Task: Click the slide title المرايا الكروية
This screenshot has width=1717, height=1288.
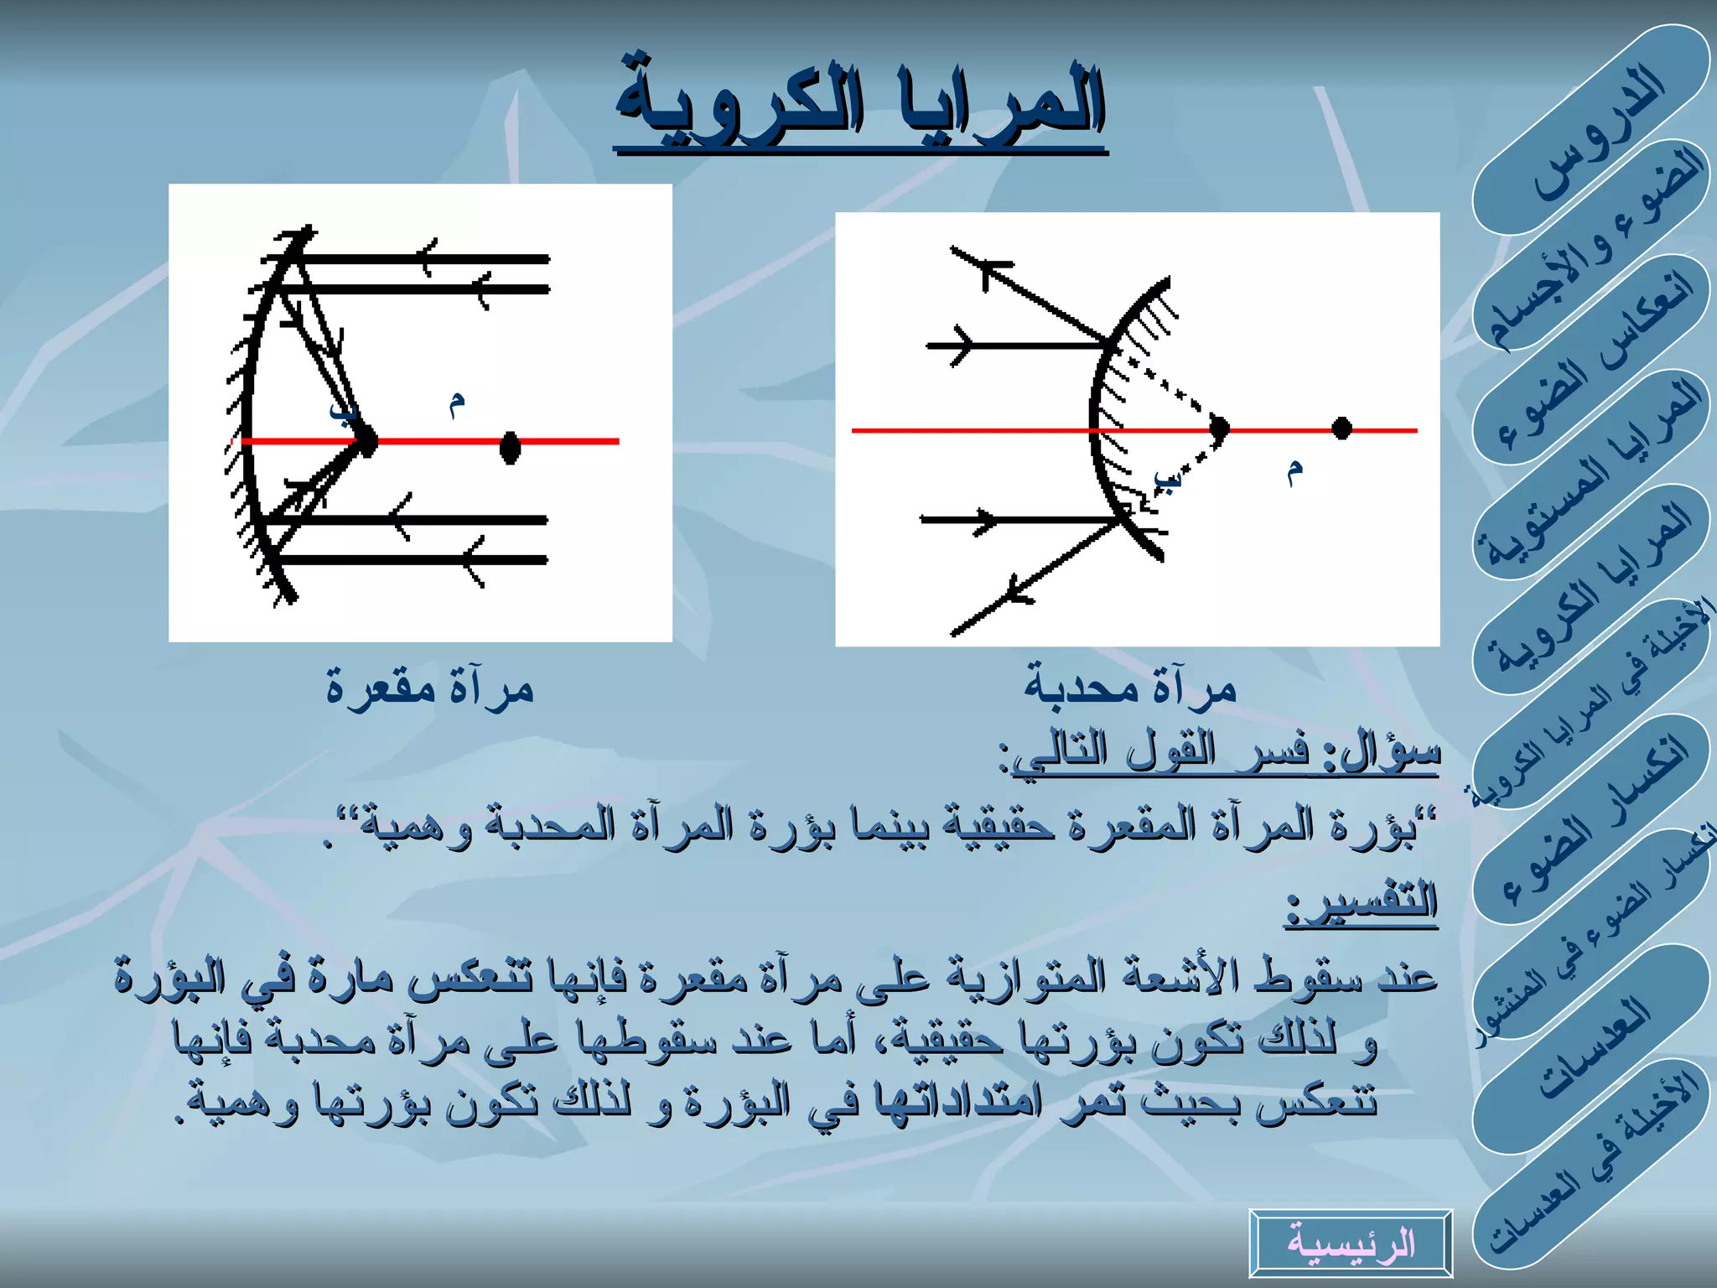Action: pos(860,105)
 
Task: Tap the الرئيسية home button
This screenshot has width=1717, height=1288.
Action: pos(1351,1243)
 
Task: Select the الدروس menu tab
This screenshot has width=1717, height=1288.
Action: pos(1596,134)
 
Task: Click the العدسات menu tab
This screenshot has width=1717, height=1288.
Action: pos(1593,1048)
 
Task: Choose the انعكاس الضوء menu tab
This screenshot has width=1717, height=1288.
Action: pos(1596,361)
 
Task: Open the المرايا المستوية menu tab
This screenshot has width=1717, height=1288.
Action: pos(1593,474)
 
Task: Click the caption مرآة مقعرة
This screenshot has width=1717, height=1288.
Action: pos(430,689)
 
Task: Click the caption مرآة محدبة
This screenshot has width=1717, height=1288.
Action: pos(1130,689)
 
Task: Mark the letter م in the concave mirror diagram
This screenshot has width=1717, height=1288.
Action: pos(456,403)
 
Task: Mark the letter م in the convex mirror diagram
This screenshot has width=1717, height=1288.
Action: pos(1294,471)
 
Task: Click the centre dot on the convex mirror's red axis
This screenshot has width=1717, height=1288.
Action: pos(1341,428)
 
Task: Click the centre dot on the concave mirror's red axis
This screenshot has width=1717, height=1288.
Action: pos(510,447)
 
